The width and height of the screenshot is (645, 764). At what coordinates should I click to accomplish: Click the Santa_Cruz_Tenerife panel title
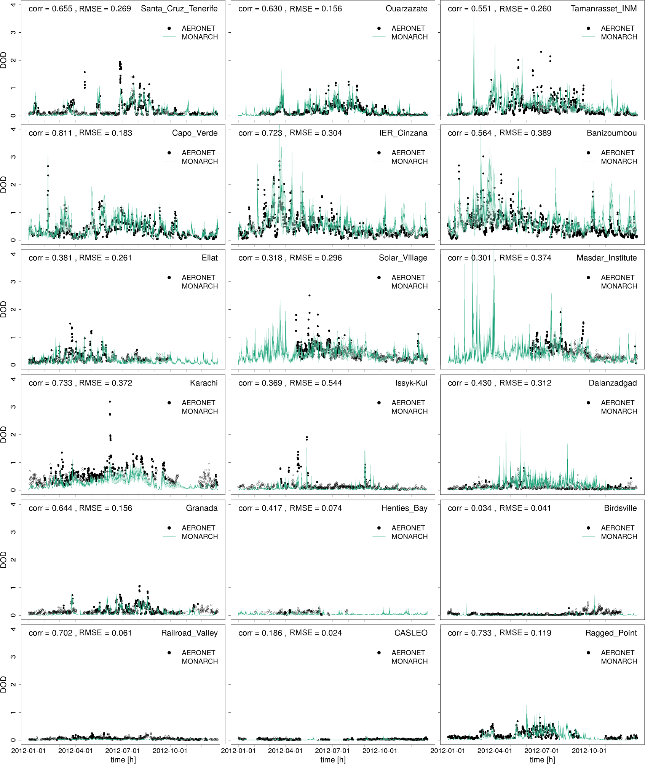(x=179, y=9)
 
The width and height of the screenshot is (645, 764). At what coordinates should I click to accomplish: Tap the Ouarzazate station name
(x=406, y=9)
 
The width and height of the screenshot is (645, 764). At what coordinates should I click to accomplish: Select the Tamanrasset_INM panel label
(x=603, y=9)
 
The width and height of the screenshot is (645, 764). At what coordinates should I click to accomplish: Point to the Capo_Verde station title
(x=195, y=133)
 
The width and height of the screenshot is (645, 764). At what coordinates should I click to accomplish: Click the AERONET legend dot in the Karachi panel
(x=169, y=403)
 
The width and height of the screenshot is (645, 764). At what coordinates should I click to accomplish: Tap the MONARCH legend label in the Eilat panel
(x=200, y=286)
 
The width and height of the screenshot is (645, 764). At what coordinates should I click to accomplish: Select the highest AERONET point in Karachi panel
(x=110, y=401)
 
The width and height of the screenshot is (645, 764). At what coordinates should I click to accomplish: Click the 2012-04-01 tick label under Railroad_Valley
(x=75, y=751)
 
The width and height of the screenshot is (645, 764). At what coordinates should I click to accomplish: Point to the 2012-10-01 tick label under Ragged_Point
(x=589, y=751)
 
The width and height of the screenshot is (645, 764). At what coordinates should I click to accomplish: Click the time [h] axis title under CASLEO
(x=333, y=759)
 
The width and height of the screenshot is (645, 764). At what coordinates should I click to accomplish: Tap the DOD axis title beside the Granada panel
(x=4, y=560)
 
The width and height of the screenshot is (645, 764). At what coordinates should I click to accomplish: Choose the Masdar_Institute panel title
(x=607, y=258)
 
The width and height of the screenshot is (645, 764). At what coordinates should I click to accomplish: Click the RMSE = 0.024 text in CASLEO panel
(x=316, y=633)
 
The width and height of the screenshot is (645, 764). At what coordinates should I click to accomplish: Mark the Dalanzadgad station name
(x=613, y=383)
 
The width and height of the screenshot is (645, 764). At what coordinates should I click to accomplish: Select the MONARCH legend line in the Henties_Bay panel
(x=379, y=536)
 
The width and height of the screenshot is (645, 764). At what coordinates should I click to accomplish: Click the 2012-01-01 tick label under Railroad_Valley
(x=29, y=751)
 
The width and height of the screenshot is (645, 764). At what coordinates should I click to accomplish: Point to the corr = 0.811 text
(x=50, y=133)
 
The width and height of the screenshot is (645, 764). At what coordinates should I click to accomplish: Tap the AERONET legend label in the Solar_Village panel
(x=408, y=278)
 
